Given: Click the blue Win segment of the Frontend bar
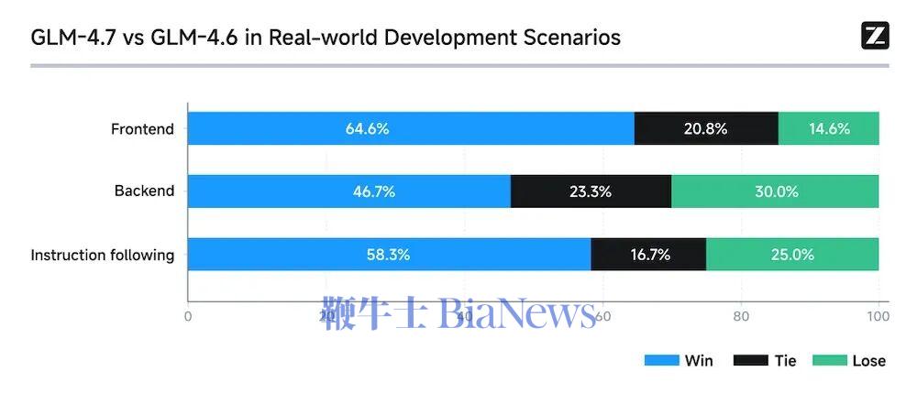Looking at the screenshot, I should click(275, 128).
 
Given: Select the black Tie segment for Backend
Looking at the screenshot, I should click(591, 191).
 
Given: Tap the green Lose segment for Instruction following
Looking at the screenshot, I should click(792, 255).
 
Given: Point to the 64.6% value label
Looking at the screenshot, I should click(367, 128).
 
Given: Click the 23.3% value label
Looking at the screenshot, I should click(590, 191).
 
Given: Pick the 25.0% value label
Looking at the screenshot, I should click(792, 255).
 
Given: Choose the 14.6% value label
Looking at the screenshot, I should click(829, 128).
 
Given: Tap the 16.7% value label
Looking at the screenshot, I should click(650, 255).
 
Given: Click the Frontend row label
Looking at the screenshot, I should click(142, 129).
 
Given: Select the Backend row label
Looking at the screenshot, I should click(144, 191).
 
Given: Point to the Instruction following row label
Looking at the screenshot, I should click(103, 255).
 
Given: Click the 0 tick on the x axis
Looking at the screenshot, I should click(188, 317).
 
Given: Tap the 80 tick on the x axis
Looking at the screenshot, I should click(741, 317).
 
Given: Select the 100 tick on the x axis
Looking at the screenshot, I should click(878, 317).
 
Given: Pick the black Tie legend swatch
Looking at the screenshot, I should click(749, 360).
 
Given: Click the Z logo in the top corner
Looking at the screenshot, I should click(875, 36).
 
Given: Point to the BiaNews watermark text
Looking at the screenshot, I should click(517, 313).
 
